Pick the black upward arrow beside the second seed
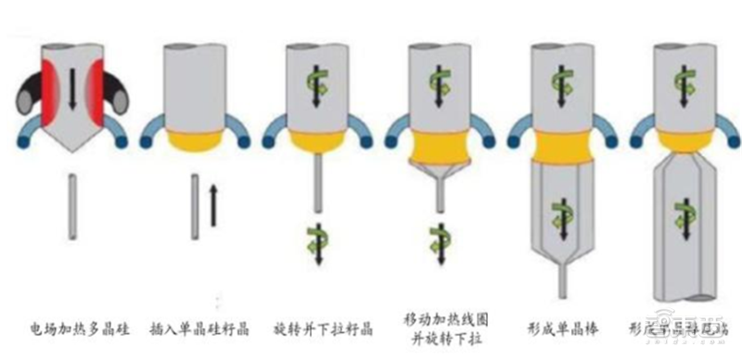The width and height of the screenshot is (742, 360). pyautogui.click(x=212, y=205)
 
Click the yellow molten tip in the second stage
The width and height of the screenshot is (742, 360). pyautogui.click(x=194, y=140)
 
